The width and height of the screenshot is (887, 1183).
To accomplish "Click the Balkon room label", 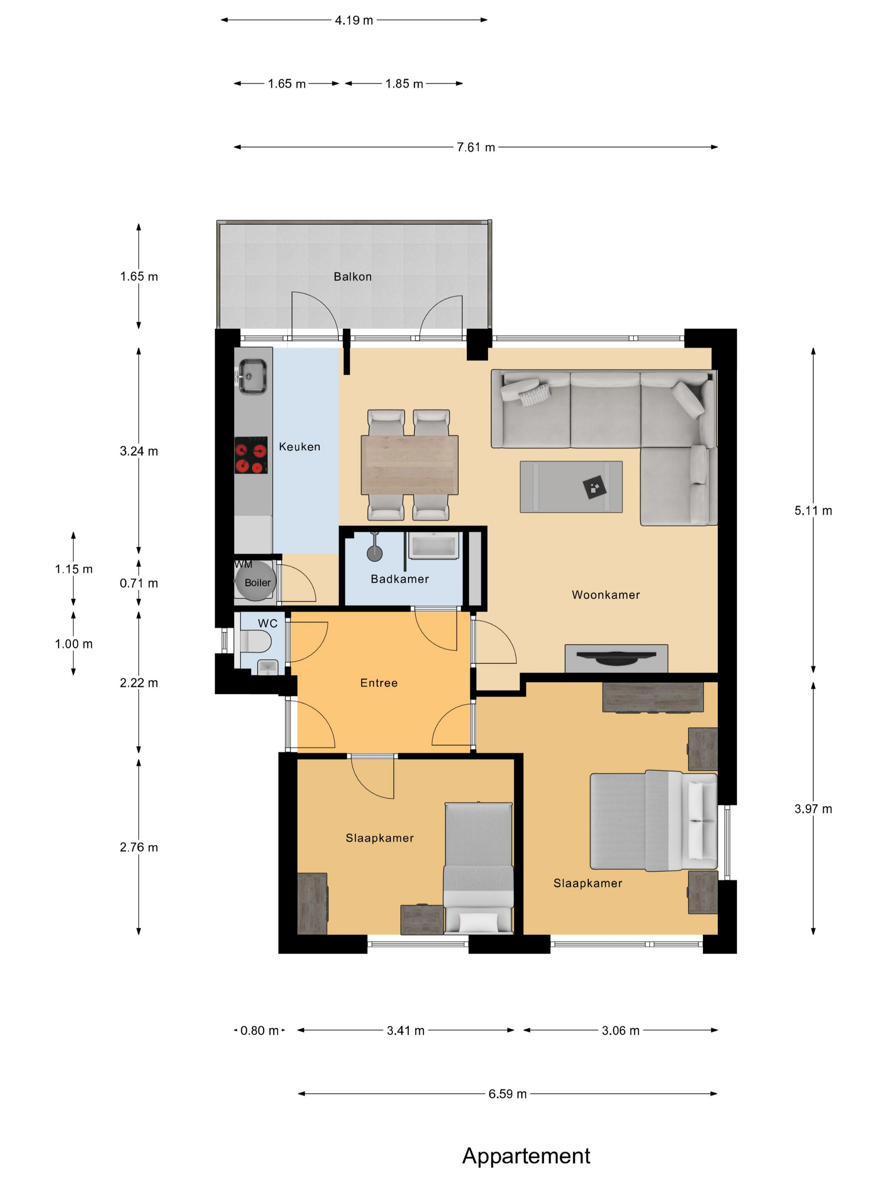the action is coord(352,276).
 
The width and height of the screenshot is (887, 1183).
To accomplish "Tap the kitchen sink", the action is coord(252,376).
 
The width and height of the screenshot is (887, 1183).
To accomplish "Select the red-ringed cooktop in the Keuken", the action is coord(251,455).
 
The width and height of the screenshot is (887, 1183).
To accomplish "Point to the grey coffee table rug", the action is coord(571,487).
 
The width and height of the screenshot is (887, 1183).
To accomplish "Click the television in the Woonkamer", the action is coord(616,658).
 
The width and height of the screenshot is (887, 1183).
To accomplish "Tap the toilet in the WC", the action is coord(255,641).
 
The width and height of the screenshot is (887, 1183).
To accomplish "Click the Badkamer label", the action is coord(400,579).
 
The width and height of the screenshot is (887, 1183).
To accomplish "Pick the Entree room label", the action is coord(379,683).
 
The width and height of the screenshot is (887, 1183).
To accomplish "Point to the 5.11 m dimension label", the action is coord(813,511).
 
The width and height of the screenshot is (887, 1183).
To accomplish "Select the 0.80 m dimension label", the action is coord(259,1030).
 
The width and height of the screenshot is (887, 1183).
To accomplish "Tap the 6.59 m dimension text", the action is coord(507,1094).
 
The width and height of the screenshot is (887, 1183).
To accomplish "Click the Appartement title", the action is coord(526,1156).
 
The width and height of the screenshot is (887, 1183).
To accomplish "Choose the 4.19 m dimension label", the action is coord(354,20).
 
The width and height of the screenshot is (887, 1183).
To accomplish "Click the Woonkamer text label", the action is coord(606,595).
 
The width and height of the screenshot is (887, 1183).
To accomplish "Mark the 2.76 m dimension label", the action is coord(139,847).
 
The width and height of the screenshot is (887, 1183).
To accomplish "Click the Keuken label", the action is coord(299,447).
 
